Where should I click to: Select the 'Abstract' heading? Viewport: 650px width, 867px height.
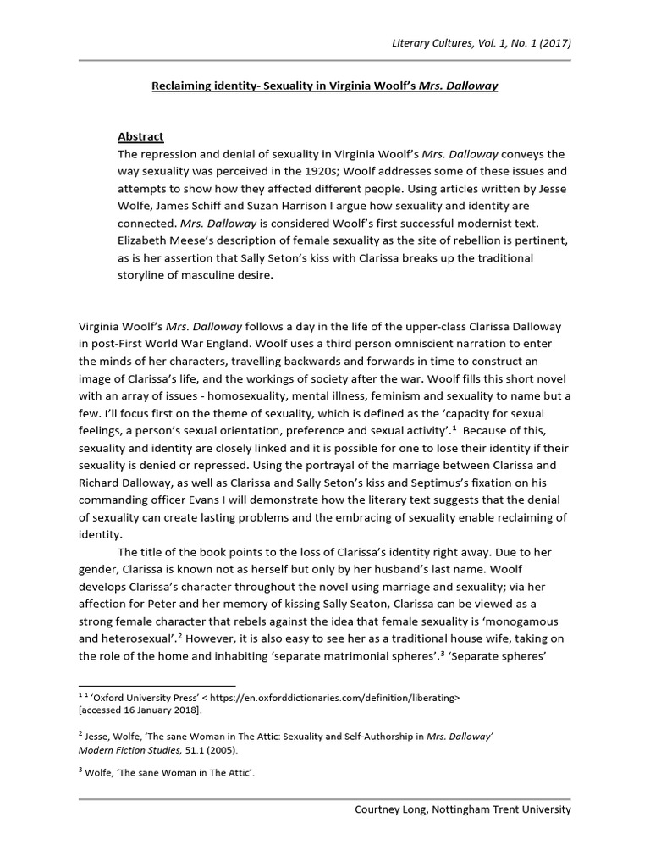(x=140, y=137)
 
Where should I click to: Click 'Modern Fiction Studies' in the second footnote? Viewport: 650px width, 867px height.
(x=119, y=749)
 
